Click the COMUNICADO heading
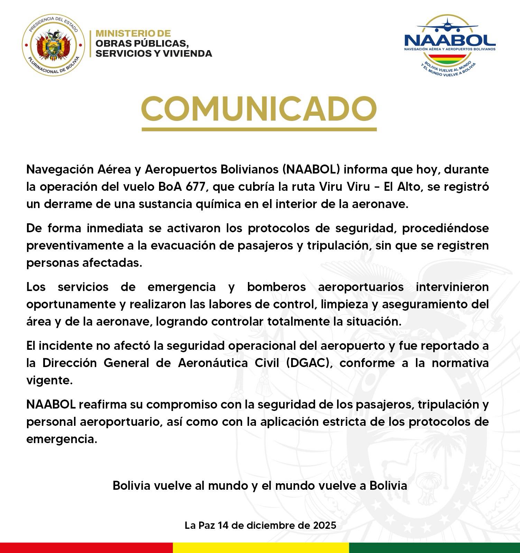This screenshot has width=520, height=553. coord(259,108)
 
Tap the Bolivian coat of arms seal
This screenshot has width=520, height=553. coord(54,44)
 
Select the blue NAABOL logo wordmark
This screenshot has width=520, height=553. coord(449,40)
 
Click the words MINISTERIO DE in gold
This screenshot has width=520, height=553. coord(133,34)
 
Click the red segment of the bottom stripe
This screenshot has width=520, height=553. coord(86,548)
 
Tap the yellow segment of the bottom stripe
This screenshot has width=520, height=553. coord(261,548)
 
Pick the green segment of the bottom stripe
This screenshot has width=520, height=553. coord(434,548)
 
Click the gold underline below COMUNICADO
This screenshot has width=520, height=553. coord(259,129)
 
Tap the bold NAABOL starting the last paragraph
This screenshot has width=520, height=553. coord(51,404)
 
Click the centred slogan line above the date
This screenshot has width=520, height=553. coord(260,486)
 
